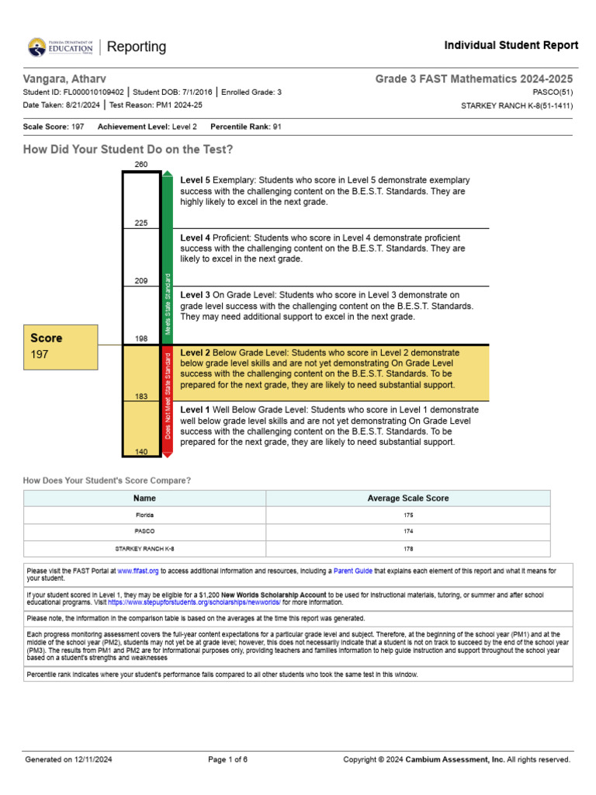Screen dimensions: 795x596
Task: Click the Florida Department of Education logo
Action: tap(60, 47)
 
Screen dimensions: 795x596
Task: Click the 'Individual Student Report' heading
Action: tap(511, 46)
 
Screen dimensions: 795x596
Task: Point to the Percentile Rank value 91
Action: tap(276, 126)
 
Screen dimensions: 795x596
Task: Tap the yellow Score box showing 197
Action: tap(61, 345)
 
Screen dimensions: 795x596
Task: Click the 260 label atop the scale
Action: tap(141, 165)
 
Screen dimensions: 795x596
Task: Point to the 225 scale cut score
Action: tap(141, 223)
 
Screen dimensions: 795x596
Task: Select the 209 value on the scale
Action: tap(141, 280)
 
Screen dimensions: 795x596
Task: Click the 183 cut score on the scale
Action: tap(141, 396)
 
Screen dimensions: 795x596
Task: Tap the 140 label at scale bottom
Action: tap(141, 451)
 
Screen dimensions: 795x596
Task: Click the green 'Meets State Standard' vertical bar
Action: tap(168, 256)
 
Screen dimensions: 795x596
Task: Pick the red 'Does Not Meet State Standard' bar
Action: tap(168, 400)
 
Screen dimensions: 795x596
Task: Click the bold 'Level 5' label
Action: tap(196, 180)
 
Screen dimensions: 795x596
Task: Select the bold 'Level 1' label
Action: tap(196, 408)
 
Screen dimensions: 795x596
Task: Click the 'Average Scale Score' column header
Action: tap(407, 498)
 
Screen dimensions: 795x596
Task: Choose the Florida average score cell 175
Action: tap(407, 515)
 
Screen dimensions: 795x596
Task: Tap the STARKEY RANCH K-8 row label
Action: tap(144, 548)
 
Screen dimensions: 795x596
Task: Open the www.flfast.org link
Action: tap(138, 571)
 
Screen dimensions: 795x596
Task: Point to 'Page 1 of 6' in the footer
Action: tap(228, 759)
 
